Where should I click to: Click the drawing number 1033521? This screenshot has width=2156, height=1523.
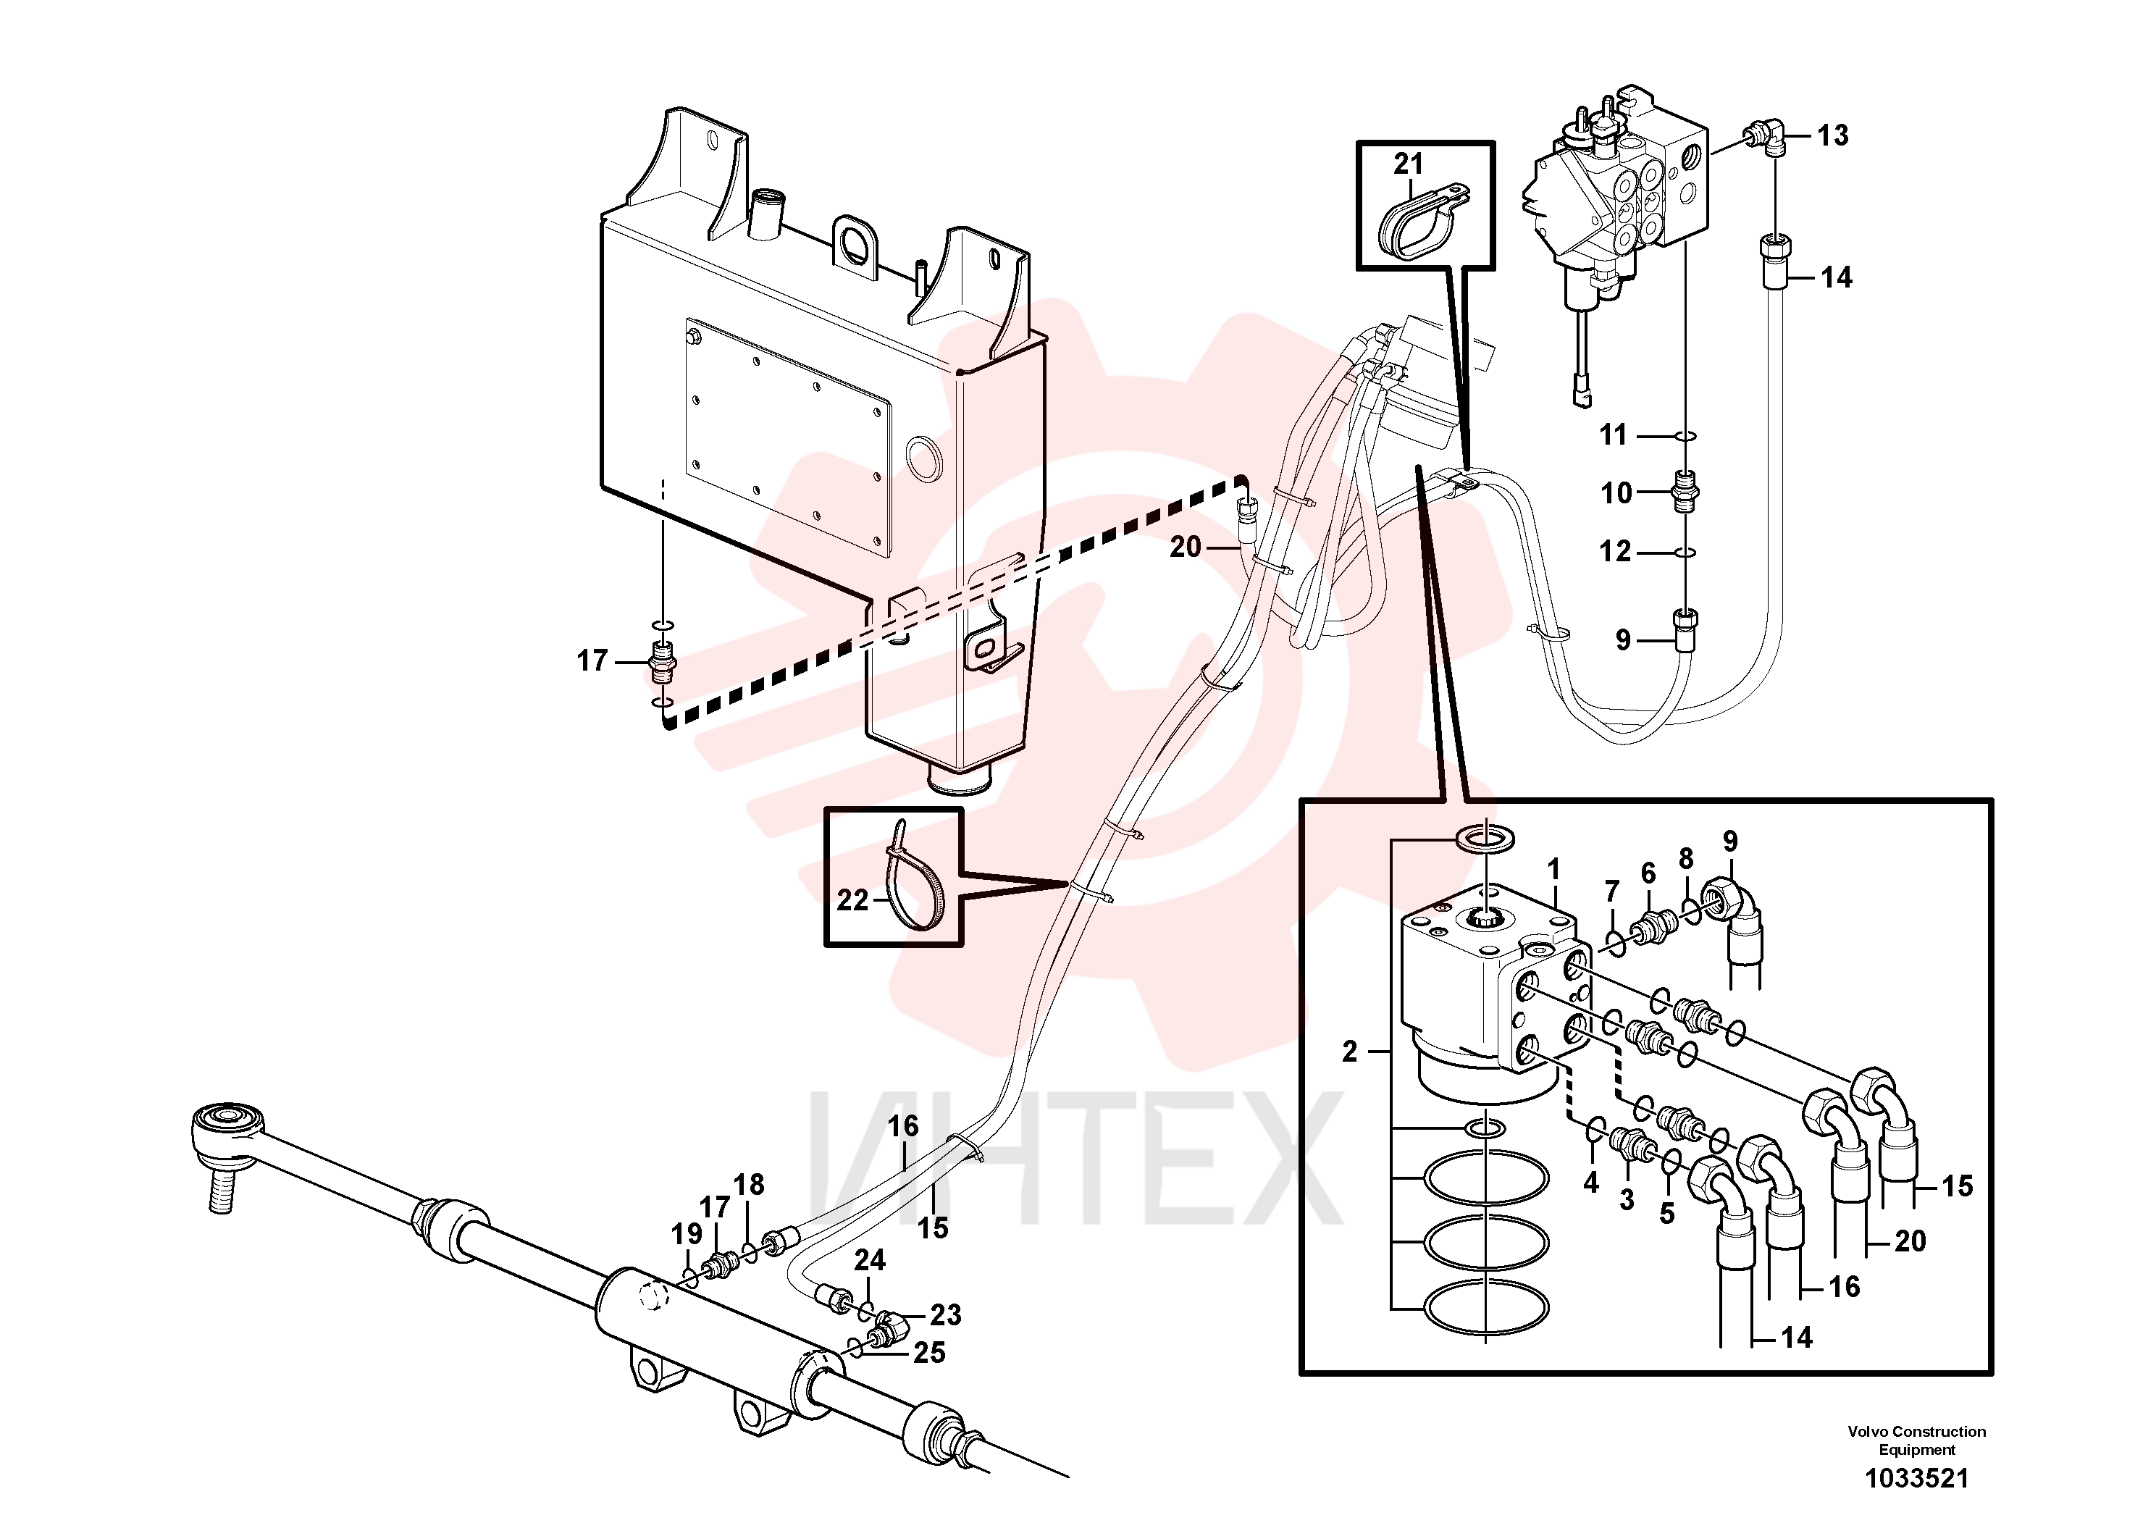click(x=1916, y=1479)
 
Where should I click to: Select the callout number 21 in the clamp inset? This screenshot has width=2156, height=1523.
click(x=1408, y=164)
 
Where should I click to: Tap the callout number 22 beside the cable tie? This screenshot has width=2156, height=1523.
click(x=852, y=900)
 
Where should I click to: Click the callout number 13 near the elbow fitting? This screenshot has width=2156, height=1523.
click(x=1832, y=136)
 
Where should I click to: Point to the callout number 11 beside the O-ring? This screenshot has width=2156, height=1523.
click(x=1614, y=435)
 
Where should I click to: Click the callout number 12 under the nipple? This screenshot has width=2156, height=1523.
click(x=1615, y=552)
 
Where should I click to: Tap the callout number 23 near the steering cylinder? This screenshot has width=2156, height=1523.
click(x=946, y=1315)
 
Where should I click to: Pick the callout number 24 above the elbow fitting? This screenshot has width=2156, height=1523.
click(x=870, y=1260)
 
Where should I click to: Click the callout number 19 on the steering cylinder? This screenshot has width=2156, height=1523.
click(x=687, y=1235)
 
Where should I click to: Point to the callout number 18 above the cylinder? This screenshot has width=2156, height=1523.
click(x=748, y=1185)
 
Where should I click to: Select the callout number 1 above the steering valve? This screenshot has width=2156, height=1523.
click(x=1553, y=870)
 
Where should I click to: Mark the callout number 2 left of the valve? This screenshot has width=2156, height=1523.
click(x=1349, y=1052)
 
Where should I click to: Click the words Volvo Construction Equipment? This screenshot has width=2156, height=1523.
click(x=1916, y=1440)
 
